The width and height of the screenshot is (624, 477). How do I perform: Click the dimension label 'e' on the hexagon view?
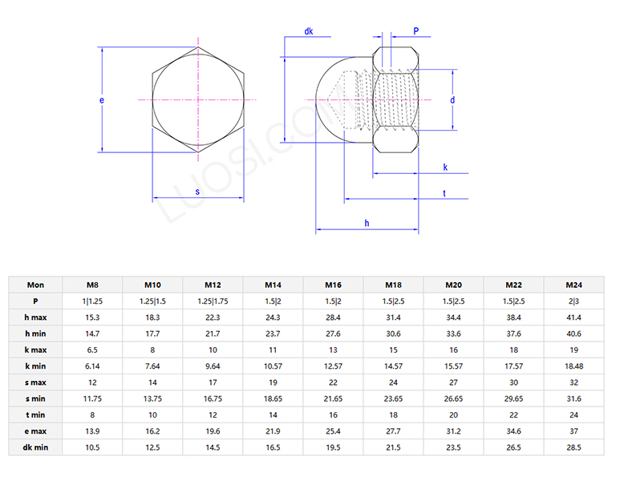coord(101,100)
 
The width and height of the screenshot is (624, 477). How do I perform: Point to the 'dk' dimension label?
coord(309,31)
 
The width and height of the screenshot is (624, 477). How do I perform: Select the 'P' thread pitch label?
coord(416,31)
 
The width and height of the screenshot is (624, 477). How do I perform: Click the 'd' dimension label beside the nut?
coord(452,100)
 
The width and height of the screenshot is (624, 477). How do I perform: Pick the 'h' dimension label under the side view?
coord(367,222)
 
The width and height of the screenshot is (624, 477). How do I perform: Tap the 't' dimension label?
coord(444,193)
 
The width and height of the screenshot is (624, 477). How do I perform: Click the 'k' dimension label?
coord(444,167)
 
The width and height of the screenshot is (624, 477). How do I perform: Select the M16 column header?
coord(333,285)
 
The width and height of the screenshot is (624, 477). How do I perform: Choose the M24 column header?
coord(573,285)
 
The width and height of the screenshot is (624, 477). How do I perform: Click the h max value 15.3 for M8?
coord(92,317)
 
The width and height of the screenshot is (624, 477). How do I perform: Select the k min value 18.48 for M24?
coord(573,366)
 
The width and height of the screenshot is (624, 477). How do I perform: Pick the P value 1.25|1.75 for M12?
coord(213,301)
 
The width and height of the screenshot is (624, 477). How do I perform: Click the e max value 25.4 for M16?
coord(333,431)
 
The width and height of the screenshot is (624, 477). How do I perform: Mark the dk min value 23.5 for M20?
coord(453,447)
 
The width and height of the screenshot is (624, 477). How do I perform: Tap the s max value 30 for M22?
coord(513,382)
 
